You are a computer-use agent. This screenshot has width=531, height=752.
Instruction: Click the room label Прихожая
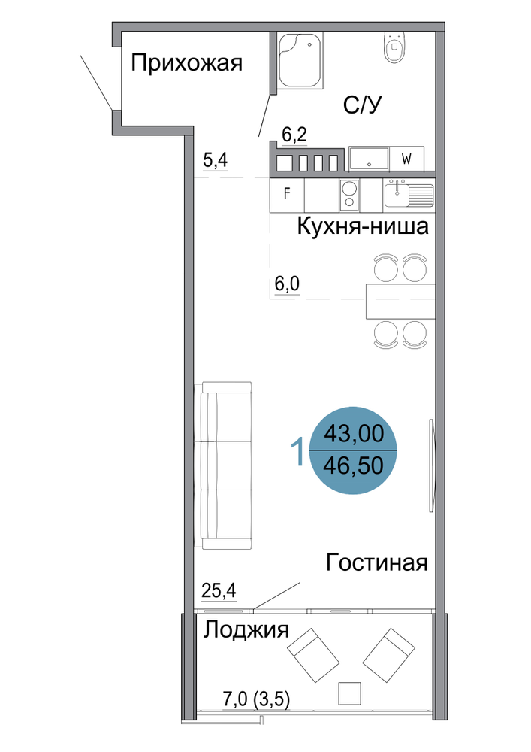(187, 63)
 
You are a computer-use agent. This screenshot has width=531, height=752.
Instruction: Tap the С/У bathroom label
(363, 105)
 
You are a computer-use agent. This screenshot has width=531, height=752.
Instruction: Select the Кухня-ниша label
(363, 226)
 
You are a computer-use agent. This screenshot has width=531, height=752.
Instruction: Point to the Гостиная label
(376, 562)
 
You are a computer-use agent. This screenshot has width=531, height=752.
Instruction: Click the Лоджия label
(246, 629)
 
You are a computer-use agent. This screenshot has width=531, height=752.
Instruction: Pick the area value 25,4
(219, 590)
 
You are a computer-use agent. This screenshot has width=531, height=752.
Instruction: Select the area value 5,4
(216, 159)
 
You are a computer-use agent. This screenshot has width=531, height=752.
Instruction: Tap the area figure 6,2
(294, 135)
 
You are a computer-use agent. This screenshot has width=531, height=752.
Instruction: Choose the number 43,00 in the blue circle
(354, 434)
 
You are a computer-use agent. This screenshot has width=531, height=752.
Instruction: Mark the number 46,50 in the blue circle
(354, 465)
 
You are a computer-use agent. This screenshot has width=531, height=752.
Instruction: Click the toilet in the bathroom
(394, 47)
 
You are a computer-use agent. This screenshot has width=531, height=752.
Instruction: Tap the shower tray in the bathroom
(300, 60)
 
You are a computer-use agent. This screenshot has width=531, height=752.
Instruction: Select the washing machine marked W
(406, 159)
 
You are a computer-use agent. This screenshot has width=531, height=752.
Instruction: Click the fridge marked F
(288, 195)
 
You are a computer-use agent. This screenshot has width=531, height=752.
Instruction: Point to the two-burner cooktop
(349, 195)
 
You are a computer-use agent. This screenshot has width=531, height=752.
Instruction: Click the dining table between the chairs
(401, 302)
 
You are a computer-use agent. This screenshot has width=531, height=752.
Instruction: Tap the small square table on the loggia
(349, 693)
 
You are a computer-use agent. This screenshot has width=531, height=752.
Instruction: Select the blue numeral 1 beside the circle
(298, 450)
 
